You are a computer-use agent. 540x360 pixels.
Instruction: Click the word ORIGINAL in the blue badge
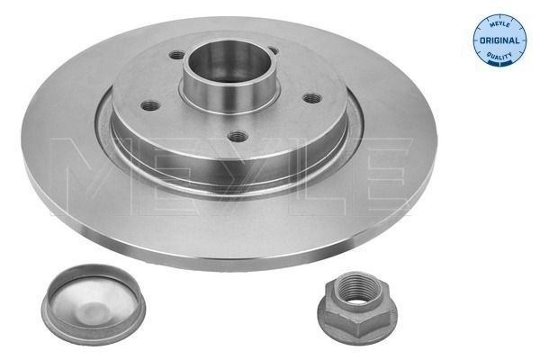coord(499,40)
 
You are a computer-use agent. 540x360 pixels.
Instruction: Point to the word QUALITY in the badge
coord(499,55)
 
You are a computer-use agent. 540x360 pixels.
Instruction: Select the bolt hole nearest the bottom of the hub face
coord(238,136)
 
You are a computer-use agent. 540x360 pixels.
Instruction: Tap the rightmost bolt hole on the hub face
coord(312,98)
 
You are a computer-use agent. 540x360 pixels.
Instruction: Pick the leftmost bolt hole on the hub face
coord(151,105)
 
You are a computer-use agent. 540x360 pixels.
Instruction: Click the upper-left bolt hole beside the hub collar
coord(177,54)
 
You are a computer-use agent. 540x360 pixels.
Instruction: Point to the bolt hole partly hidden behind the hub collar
coord(273,50)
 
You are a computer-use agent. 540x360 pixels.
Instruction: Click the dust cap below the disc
coord(94,300)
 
